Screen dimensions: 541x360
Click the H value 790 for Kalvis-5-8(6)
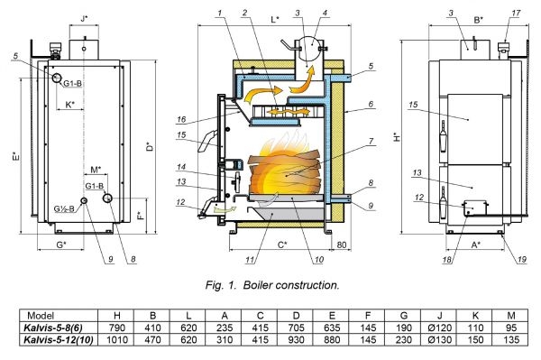(x=116, y=328)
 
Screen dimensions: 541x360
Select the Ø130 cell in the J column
(x=439, y=339)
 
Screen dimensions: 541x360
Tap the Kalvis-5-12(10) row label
(x=59, y=339)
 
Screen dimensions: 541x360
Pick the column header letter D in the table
(x=296, y=316)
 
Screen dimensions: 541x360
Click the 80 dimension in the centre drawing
(x=341, y=245)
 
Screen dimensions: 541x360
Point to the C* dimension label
(x=282, y=245)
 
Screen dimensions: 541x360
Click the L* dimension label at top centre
(x=275, y=19)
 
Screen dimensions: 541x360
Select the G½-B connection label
(x=64, y=208)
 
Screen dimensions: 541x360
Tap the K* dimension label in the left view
(x=70, y=105)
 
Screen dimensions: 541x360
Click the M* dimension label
(x=96, y=170)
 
